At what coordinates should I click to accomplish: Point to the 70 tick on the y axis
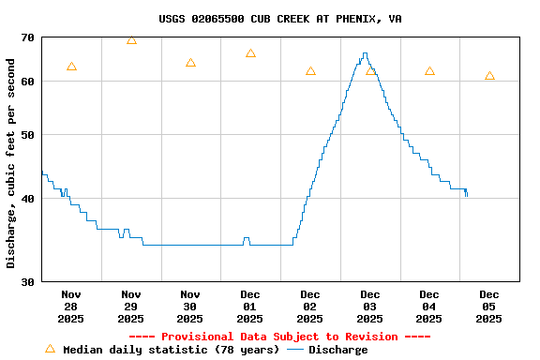25,37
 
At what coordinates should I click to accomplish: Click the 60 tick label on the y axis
25,82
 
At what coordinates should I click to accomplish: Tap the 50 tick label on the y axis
25,135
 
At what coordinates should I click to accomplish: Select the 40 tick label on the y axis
25,199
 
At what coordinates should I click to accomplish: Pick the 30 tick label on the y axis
25,281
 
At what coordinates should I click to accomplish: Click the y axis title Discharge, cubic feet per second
11,163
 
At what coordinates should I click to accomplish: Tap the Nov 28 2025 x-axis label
71,307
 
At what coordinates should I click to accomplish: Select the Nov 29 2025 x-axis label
131,307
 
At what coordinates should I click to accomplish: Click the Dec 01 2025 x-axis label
250,307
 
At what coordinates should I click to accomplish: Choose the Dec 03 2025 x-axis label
369,307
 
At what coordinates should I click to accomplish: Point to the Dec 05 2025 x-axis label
488,307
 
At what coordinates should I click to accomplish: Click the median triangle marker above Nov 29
131,39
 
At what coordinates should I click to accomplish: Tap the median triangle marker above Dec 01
250,53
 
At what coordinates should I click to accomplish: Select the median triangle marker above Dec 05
489,76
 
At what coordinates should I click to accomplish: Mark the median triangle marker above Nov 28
71,67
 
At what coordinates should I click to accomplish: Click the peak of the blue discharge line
365,53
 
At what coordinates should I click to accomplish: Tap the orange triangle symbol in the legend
50,349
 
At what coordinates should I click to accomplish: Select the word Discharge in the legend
338,350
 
